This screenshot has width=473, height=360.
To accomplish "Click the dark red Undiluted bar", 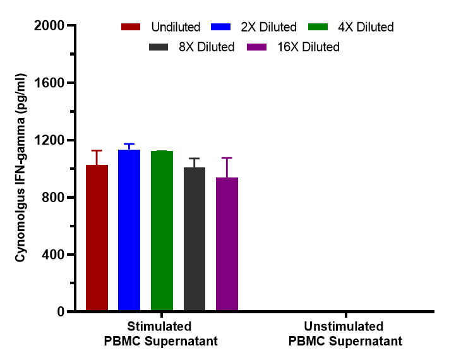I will coord(97,237).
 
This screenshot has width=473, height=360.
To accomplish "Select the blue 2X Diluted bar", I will coord(129,230).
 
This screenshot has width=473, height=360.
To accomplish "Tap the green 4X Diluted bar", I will coord(162,231).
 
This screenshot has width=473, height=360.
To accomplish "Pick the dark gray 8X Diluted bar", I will coord(195,239).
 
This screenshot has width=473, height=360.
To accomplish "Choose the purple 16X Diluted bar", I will coord(227,244).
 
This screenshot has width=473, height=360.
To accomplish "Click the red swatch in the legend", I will coord(131,27).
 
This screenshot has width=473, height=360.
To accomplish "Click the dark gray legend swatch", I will coord(158,47).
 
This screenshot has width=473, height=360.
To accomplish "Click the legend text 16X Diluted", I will coord(308,47).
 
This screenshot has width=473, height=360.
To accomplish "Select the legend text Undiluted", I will coord(176,27).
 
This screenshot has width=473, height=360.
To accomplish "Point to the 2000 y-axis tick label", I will coord(49,26).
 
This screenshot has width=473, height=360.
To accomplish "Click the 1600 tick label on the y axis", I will coord(49,83).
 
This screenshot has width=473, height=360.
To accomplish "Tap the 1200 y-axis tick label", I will coord(49,140).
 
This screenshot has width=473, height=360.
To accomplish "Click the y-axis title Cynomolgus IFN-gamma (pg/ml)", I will coord(21,167).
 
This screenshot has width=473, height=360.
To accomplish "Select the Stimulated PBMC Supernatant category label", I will coord(160,334).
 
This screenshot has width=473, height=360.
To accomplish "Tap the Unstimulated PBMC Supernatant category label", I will coord(345,334).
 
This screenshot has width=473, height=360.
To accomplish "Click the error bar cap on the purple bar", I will coord(227,158).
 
